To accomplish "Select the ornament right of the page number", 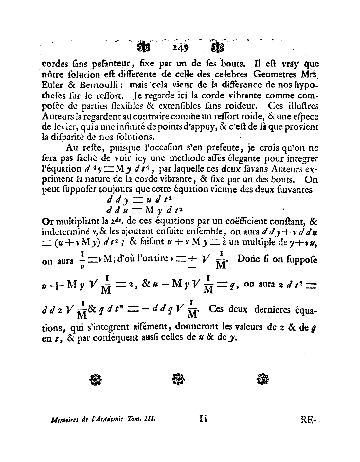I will click(218, 48).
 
